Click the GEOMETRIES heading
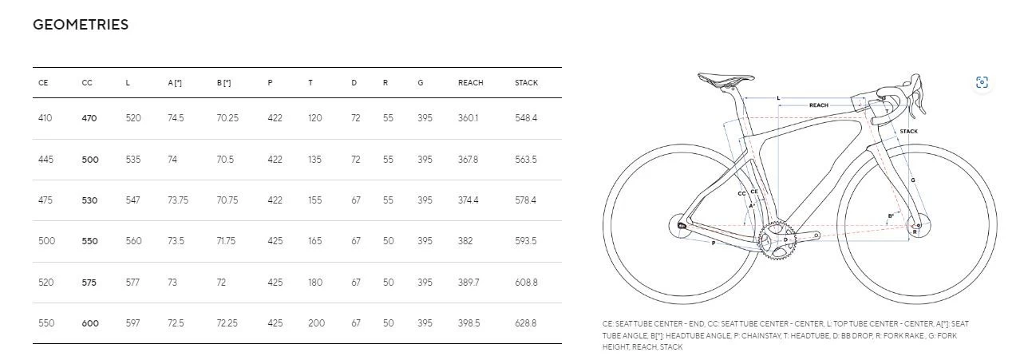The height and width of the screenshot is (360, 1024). pos(81,24)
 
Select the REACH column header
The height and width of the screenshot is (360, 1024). pos(470,83)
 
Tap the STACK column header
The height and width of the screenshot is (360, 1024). pos(526,83)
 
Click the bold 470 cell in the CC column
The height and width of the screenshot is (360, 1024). pos(89,118)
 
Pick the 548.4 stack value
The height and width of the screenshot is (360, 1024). pos(526,118)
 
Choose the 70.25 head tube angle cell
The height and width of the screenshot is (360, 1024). pos(227,118)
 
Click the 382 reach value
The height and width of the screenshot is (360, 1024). pos(465,240)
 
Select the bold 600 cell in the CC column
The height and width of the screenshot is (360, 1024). pos(90,323)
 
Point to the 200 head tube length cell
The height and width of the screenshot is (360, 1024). pos(316,323)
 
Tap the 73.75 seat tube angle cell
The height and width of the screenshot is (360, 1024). pos(178,200)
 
